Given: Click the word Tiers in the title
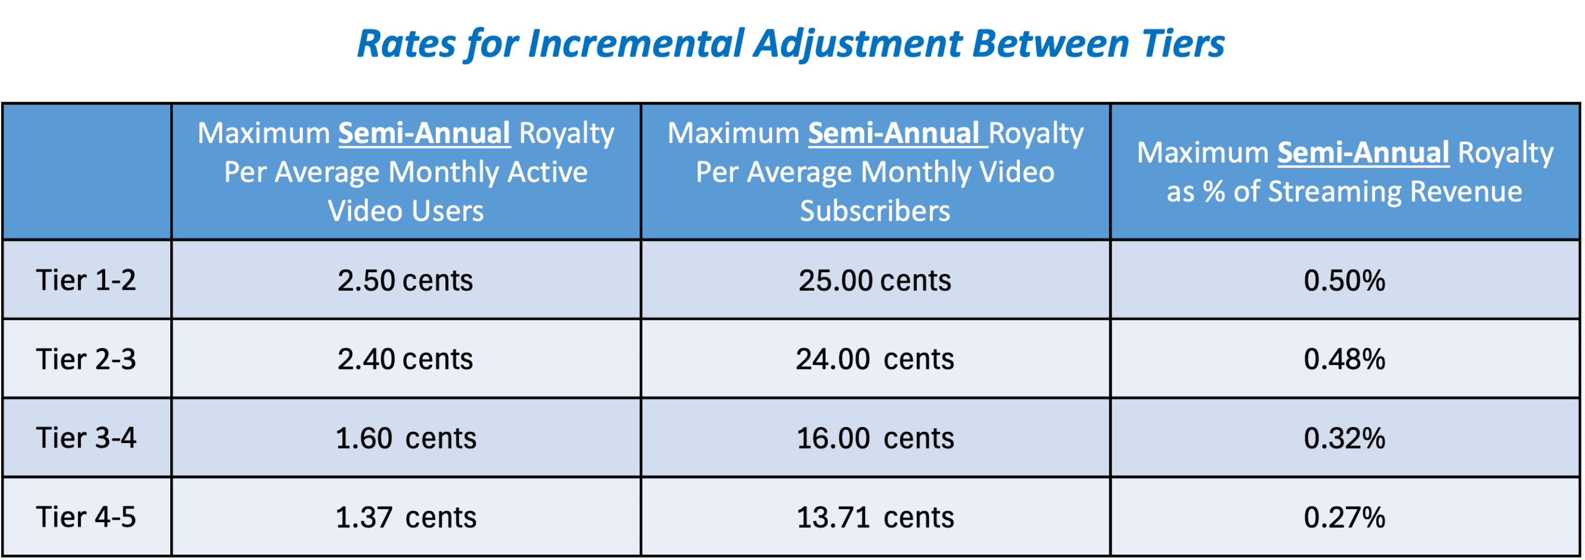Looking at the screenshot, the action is pos(1183,44).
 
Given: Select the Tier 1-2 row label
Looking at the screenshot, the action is pos(86,280).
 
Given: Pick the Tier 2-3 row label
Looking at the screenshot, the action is pos(86,359).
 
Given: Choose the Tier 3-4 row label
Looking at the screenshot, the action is pos(86,438).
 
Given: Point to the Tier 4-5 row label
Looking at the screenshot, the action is pos(86,517).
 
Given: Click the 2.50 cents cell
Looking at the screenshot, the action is pos(406,280).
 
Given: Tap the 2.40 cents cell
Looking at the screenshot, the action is pos(406,359).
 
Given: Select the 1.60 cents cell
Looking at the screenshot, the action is pos(406,438).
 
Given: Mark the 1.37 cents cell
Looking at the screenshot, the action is pos(406,517).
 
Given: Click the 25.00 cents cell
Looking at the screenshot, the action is pos(875,280).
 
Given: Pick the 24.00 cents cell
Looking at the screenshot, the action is pos(875,359).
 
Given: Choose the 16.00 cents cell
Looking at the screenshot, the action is pos(875,438).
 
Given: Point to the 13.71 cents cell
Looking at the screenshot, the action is pos(875,517).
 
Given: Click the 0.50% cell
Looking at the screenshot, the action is pos(1344,280).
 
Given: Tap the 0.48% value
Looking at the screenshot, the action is pos(1344,359).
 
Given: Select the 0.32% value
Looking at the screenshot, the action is pos(1344,438).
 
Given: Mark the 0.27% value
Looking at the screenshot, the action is pos(1344,517).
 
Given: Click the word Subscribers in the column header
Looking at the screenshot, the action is pos(875,211).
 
